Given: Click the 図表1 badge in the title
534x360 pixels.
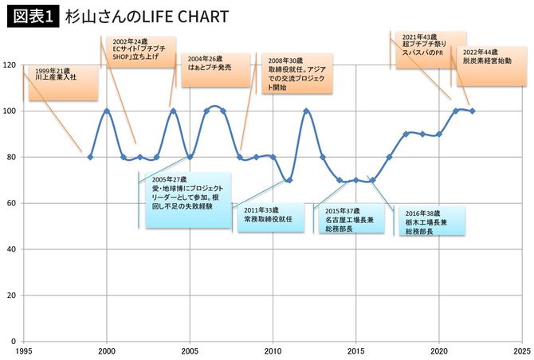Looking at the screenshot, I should (x=32, y=16).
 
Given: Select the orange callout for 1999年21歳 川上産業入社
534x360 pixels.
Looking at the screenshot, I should (x=63, y=83).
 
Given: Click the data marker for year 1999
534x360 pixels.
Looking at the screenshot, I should (x=90, y=157).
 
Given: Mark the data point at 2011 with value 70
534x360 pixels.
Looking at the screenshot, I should (x=289, y=180).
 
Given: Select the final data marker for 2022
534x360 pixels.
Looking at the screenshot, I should (x=472, y=111).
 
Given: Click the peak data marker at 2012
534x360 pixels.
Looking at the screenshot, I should (x=306, y=111).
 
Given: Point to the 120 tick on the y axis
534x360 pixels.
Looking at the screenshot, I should (x=10, y=65).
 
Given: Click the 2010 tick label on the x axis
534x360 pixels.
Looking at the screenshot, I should (x=273, y=350).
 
